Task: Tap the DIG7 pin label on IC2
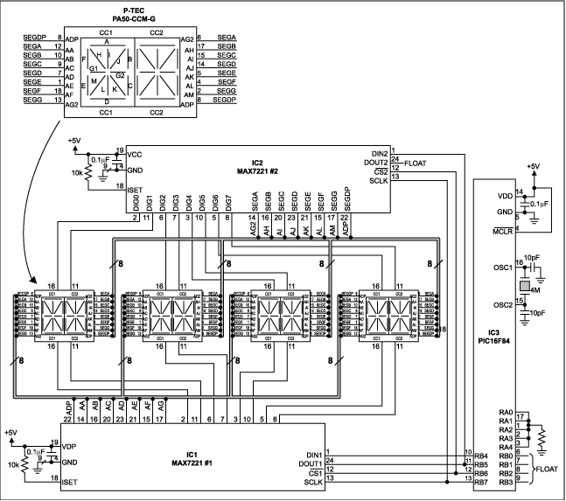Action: [229, 203]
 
